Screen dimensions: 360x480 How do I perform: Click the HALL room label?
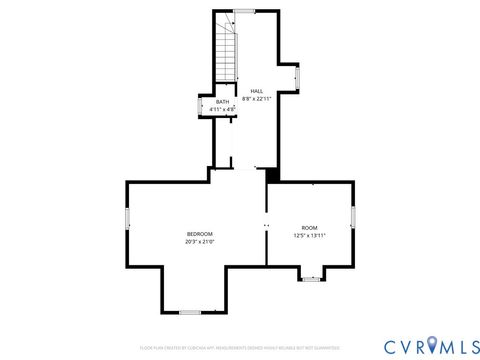257,90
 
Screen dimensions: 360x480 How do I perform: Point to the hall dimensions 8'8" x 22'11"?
257,98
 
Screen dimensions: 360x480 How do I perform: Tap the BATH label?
222,101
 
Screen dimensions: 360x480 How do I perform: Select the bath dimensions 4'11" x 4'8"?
222,108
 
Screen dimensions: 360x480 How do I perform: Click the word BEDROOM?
199,234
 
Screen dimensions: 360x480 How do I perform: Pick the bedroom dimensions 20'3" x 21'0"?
199,241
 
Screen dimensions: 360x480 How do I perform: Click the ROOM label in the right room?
310,228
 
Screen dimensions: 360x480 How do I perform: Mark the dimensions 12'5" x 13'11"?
310,235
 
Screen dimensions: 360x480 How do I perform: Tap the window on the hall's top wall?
244,11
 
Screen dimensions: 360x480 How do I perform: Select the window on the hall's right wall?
297,78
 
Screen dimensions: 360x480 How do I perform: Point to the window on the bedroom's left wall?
127,219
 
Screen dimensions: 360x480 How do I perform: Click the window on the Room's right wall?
353,216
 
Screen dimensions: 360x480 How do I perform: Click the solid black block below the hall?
271,174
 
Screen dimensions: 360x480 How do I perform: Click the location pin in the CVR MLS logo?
432,344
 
